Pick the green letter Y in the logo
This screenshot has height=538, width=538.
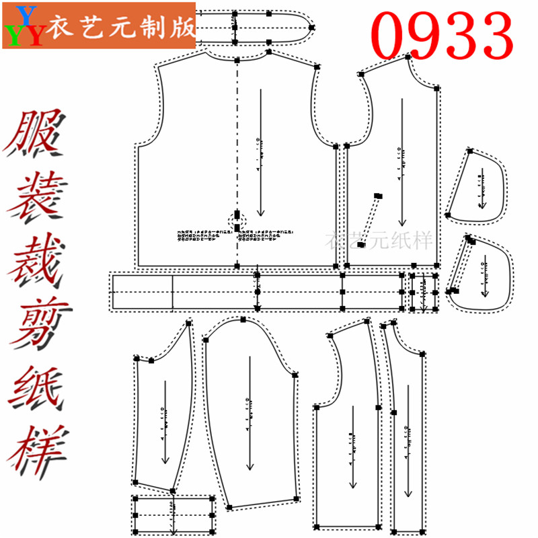(14, 34)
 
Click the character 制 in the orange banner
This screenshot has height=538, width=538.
(158, 27)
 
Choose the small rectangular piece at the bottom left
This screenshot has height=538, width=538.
(174, 514)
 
